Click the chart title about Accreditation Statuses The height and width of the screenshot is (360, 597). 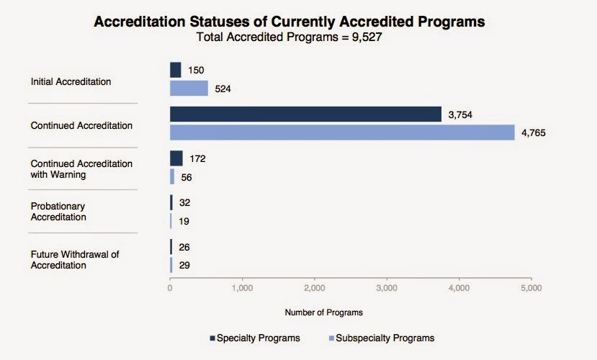coord(289,22)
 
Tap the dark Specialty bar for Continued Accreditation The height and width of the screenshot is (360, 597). coord(305,114)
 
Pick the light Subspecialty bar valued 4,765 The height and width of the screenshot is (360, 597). coord(342,132)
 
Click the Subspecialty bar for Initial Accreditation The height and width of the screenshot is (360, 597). coord(189,89)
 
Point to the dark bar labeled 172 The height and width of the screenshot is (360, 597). coord(176,158)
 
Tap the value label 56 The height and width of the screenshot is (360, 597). coord(186,176)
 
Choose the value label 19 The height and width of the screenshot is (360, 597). coord(184,221)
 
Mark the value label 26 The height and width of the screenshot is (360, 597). coord(185,248)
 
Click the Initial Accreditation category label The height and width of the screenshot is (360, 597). coord(71,81)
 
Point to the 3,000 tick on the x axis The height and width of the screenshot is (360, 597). coord(387,288)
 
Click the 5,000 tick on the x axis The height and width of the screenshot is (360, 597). coord(531,288)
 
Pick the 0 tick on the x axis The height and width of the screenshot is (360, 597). coord(170,288)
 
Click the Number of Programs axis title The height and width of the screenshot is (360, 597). coord(323,312)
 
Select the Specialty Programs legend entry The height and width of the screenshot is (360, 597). coord(254,338)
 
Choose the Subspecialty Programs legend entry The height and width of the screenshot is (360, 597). coord(381,338)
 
